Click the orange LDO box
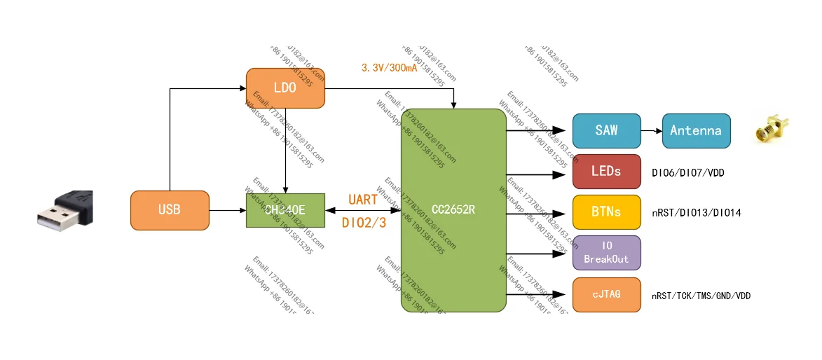[285, 88]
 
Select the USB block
[170, 210]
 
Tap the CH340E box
[285, 210]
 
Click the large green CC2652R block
[453, 210]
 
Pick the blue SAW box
[606, 131]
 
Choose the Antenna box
[695, 131]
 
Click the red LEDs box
[606, 172]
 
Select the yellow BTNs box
[606, 212]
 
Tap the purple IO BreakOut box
[606, 253]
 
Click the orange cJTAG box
[606, 295]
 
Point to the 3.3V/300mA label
[389, 68]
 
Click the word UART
[363, 200]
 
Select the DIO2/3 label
[363, 223]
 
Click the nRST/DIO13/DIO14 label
[696, 213]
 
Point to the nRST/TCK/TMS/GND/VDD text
[701, 296]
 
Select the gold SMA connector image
[769, 131]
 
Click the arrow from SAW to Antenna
[651, 131]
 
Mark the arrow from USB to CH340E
[228, 210]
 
